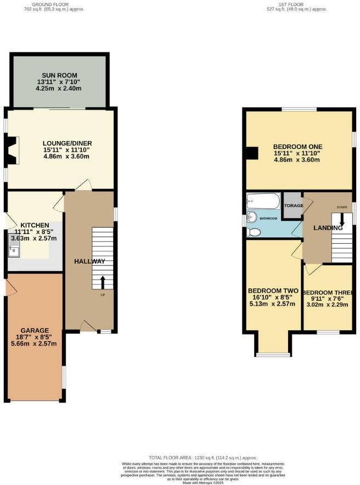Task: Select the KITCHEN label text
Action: (35, 225)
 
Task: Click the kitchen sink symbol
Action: (15, 246)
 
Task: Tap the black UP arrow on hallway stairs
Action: (103, 282)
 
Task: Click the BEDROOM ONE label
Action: (297, 147)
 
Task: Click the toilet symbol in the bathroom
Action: (253, 232)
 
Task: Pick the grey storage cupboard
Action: (292, 205)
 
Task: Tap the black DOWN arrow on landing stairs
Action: (342, 220)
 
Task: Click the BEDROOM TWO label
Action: (273, 291)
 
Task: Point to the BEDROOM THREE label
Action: (327, 292)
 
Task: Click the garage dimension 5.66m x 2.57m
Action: (35, 344)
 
